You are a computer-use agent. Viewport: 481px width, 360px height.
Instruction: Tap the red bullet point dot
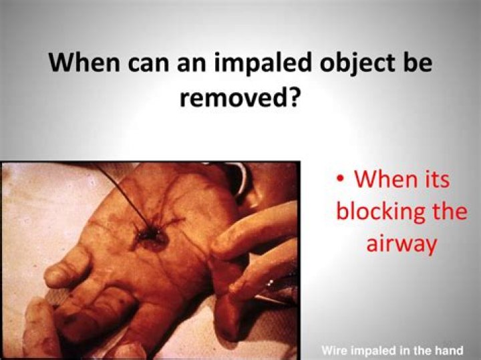(x=341, y=180)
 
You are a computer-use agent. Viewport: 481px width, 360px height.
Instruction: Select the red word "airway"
(x=401, y=244)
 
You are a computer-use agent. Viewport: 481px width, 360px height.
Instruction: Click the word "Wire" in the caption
(x=334, y=350)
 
